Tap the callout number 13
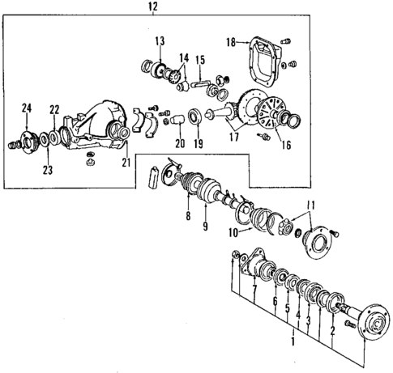coord(159,40)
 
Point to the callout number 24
coord(27,108)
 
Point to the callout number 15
coord(199,59)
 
